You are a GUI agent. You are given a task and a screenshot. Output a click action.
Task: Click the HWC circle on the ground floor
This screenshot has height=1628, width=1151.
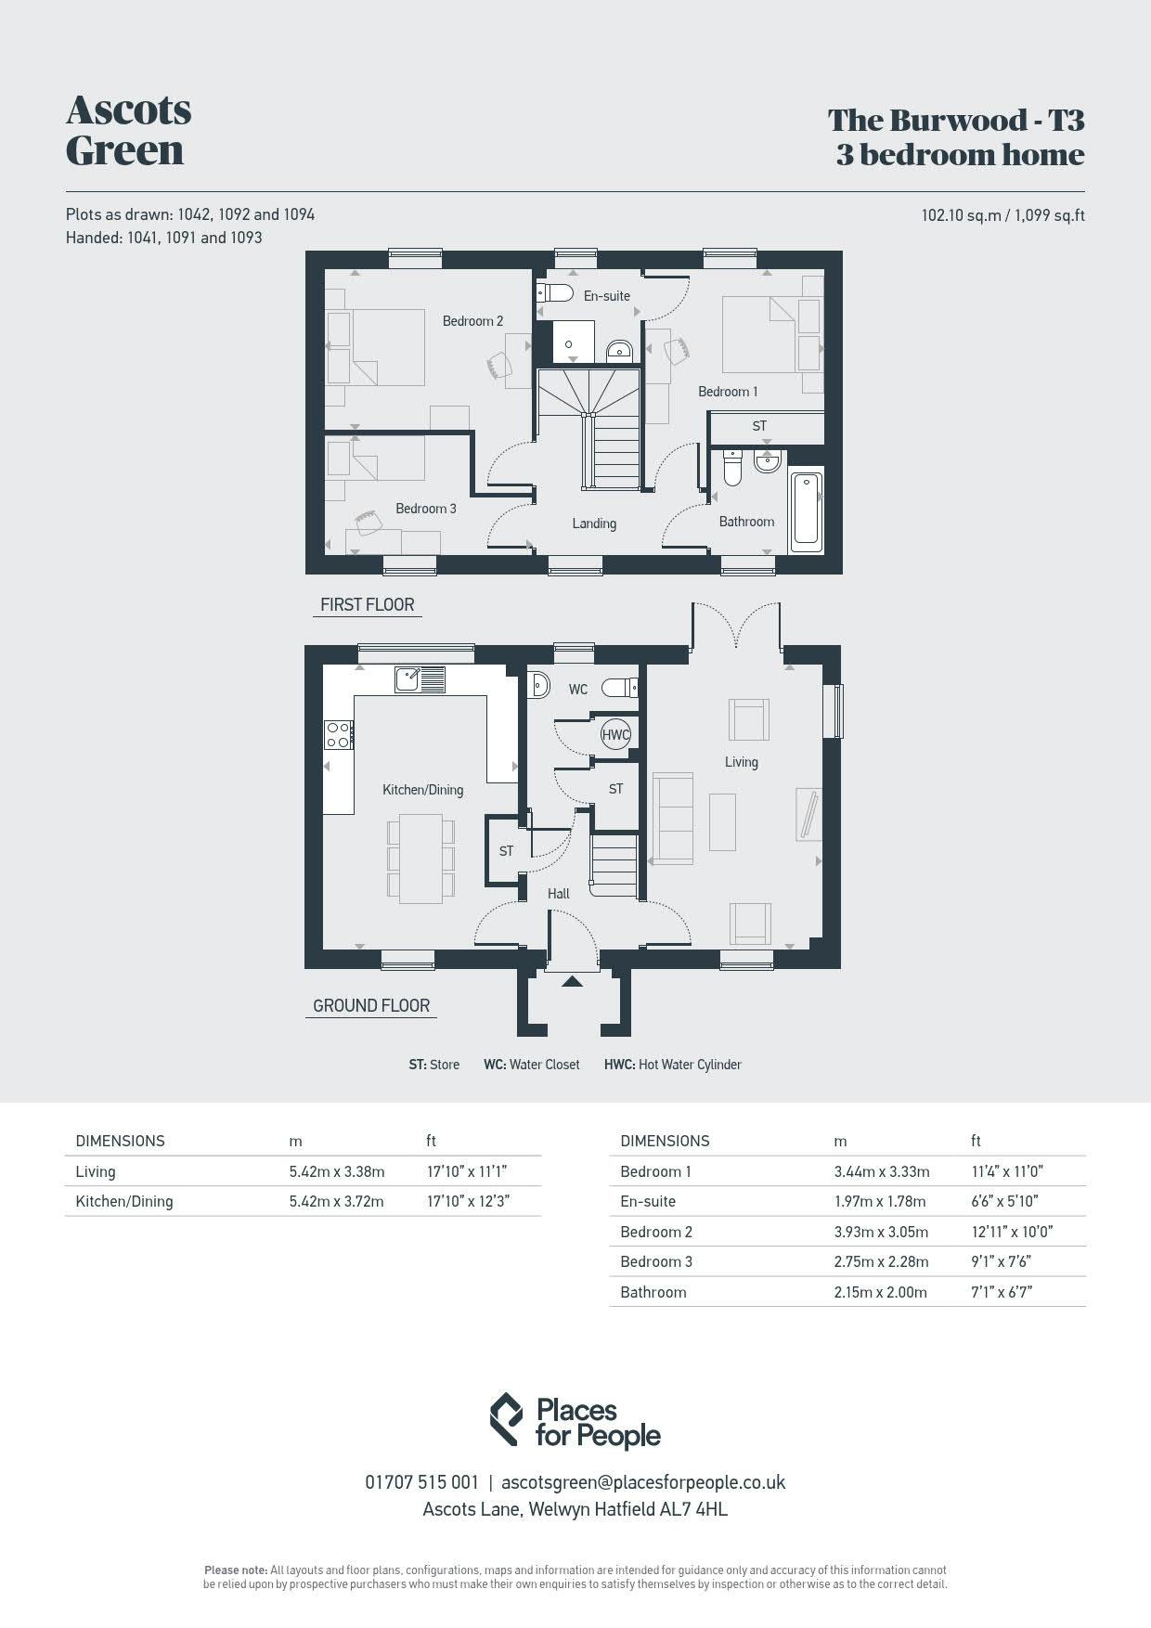(x=615, y=734)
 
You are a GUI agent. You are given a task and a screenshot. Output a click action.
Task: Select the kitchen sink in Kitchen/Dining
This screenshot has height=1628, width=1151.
(x=420, y=679)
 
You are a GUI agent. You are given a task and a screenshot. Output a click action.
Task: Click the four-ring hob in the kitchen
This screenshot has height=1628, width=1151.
(x=339, y=735)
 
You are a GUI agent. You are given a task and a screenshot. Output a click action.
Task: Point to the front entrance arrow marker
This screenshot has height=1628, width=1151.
(x=572, y=980)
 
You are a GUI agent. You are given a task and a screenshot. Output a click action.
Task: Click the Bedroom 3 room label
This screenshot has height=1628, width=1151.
(x=426, y=509)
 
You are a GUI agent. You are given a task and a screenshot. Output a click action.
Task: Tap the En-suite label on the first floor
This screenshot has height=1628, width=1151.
(x=607, y=296)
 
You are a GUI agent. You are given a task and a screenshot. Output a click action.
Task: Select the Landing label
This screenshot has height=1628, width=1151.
(x=594, y=523)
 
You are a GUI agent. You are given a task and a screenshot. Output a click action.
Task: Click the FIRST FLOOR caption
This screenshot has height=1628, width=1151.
(x=368, y=604)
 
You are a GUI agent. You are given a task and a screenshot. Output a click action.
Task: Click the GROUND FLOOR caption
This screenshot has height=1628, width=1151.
(x=371, y=1005)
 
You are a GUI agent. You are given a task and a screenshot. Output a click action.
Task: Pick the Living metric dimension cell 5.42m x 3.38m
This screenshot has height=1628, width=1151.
(x=337, y=1171)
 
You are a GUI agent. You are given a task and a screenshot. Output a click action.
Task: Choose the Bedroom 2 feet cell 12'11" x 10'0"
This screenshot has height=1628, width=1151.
(x=1012, y=1232)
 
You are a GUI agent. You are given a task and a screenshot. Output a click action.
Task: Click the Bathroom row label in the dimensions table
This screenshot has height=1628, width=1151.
(x=653, y=1292)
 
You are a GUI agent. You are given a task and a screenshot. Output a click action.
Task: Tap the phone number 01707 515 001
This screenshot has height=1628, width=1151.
(x=422, y=1482)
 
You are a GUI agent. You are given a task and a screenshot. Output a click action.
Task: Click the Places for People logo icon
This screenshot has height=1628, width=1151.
(x=506, y=1419)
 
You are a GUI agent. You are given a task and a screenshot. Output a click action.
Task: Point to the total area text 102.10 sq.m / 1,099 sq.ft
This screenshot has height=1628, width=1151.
(x=1003, y=215)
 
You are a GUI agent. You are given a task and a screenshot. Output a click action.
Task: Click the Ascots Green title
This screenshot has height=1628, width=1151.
(x=129, y=130)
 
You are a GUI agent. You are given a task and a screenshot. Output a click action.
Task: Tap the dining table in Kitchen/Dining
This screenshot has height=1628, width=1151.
(x=420, y=859)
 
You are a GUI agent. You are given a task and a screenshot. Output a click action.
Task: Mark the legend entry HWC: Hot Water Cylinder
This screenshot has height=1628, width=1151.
(x=673, y=1065)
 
